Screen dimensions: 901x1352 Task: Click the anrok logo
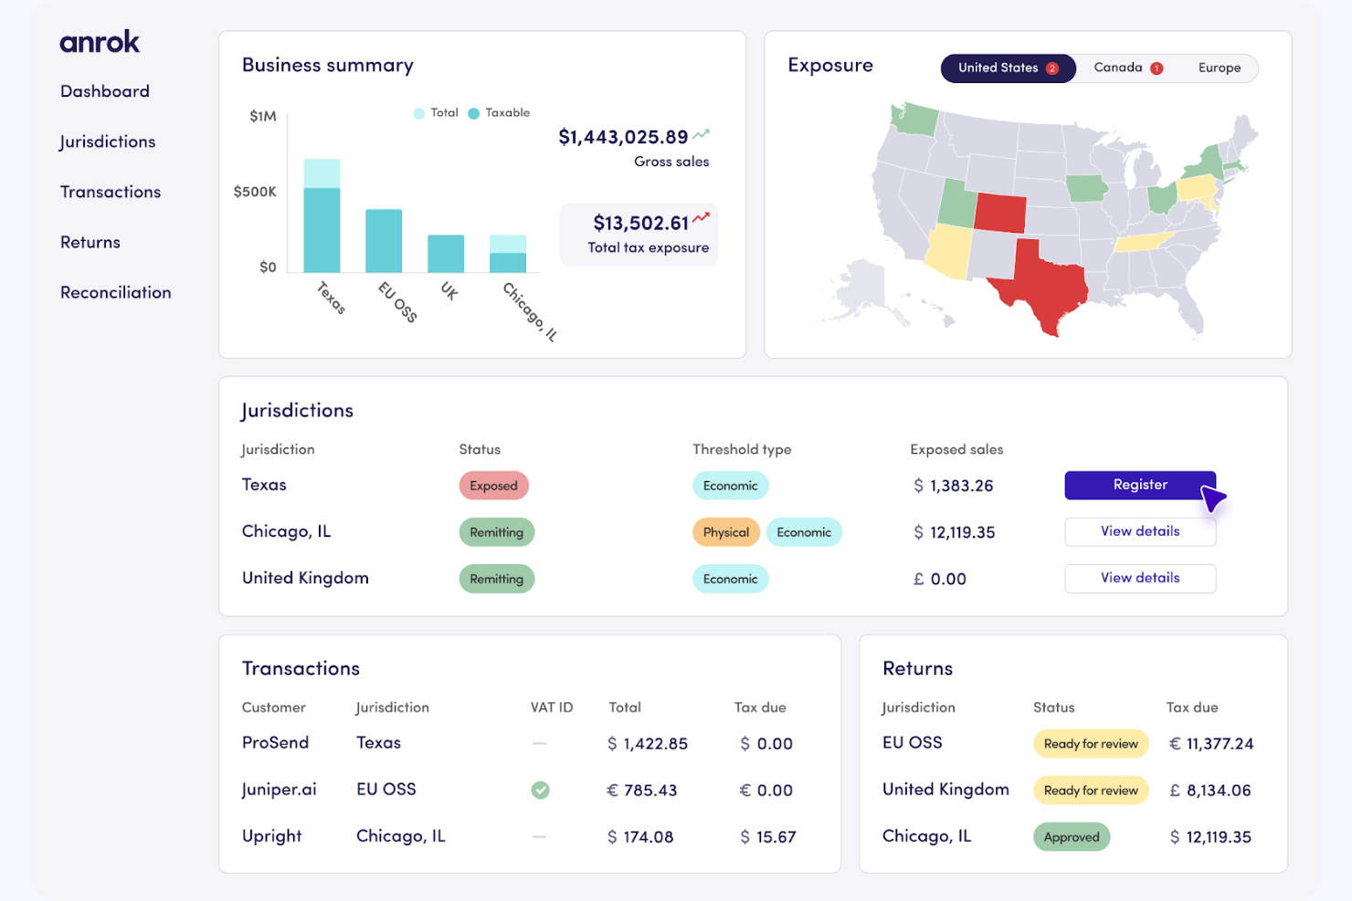100,42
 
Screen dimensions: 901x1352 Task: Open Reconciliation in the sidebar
115,293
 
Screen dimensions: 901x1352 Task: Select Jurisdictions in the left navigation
107,142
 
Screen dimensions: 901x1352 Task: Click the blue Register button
1139,485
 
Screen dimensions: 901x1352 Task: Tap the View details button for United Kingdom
1139,578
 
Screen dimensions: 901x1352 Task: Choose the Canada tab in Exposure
1127,68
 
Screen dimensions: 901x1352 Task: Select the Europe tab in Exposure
1219,68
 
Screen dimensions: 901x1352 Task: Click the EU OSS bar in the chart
384,241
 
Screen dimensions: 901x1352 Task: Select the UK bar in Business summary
446,254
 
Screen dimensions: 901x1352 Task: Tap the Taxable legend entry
499,113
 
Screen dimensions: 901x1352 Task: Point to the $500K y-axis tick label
254,192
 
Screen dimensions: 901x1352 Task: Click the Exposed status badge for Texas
493,486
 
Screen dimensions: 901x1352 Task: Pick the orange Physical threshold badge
725,532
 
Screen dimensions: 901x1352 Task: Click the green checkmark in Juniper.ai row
541,791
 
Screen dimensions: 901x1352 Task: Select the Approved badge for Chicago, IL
1071,837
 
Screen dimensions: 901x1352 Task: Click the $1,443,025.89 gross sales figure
623,138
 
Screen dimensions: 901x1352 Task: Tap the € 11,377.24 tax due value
1210,744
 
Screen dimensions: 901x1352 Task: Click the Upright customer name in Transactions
271,836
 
